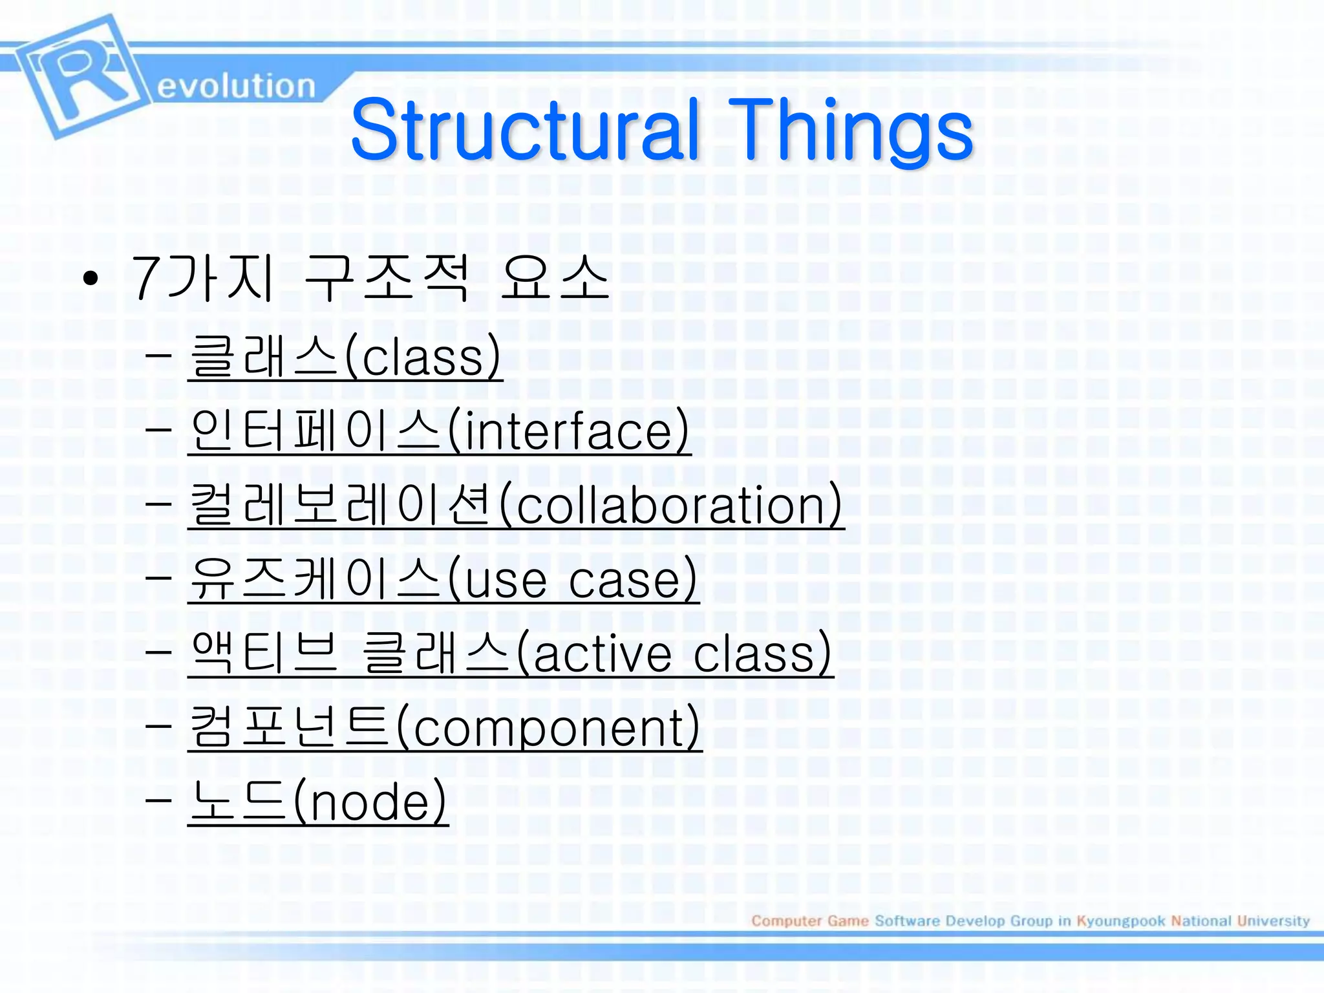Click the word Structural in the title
pos(525,129)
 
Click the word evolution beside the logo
pos(236,86)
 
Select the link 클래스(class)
pos(345,358)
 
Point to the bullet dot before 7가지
pos(91,279)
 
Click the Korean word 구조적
pos(386,279)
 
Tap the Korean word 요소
pos(555,279)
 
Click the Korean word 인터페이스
pos(316,431)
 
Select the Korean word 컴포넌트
pos(290,728)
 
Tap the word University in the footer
pos(1273,921)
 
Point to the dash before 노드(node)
pos(158,800)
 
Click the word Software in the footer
pos(907,921)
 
